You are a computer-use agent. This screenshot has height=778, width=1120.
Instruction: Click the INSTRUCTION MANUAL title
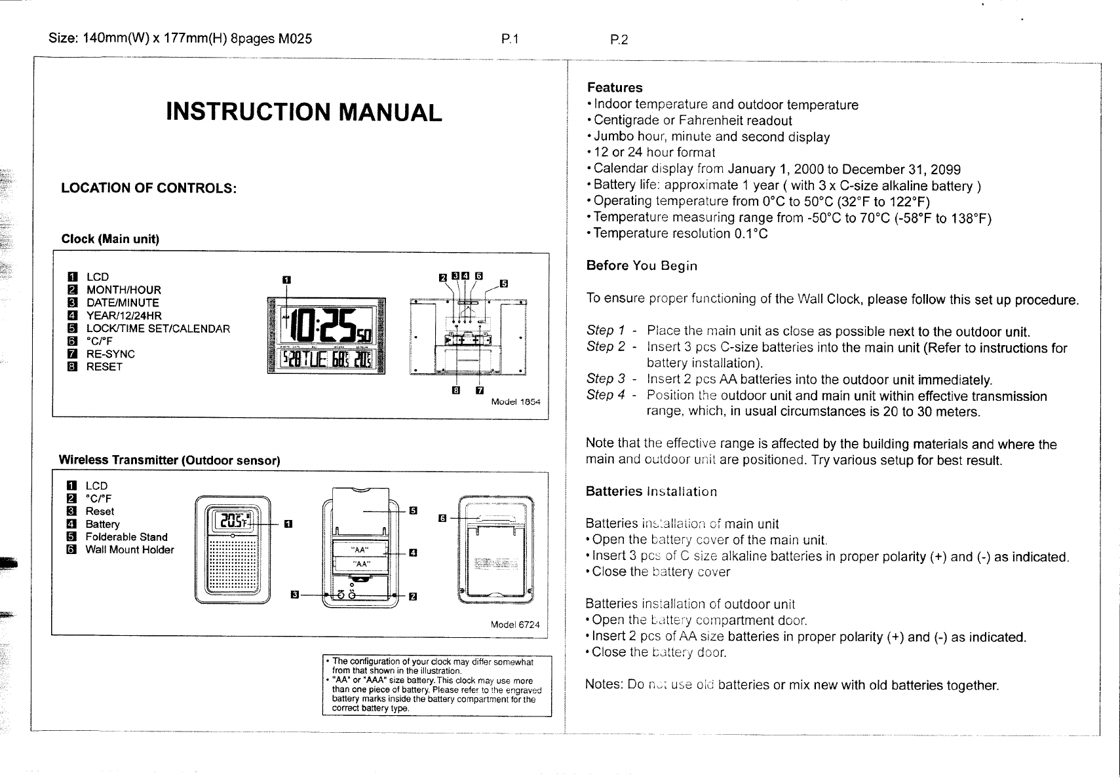(x=304, y=112)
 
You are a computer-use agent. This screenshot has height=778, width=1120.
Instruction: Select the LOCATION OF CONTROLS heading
(x=148, y=189)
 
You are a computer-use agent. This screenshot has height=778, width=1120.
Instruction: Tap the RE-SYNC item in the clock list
(x=110, y=354)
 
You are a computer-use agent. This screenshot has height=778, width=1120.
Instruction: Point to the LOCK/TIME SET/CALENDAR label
(x=158, y=329)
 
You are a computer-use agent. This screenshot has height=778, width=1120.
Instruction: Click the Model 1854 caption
(x=516, y=401)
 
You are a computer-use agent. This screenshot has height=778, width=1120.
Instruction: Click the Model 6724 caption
(x=515, y=625)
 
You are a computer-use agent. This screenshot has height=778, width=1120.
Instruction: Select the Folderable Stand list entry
(x=126, y=537)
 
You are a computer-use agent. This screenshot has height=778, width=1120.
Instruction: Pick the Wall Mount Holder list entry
(x=130, y=550)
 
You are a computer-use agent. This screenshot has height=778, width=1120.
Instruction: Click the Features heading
(x=615, y=88)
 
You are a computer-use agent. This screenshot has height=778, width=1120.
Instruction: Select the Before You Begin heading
(x=642, y=266)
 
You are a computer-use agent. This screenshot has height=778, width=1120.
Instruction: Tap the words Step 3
(x=605, y=379)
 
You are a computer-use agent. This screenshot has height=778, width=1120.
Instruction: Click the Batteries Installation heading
(x=651, y=492)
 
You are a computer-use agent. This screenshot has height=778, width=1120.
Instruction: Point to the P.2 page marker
(x=619, y=40)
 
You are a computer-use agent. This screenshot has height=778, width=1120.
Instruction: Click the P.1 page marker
(x=510, y=40)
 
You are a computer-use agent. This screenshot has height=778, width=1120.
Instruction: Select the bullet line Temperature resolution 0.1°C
(x=680, y=234)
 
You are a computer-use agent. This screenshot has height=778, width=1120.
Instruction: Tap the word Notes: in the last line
(x=604, y=685)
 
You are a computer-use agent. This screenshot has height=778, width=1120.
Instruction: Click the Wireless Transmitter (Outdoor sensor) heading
(x=170, y=460)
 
